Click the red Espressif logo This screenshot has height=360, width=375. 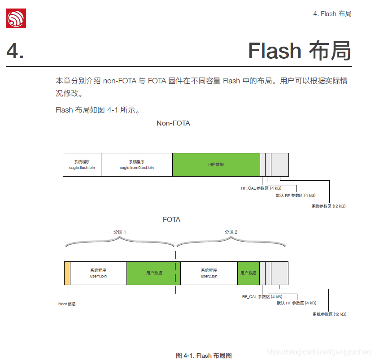(16, 19)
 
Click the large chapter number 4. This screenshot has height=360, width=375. (15, 51)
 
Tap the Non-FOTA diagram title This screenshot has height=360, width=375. (173, 123)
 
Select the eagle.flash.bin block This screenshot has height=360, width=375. (82, 165)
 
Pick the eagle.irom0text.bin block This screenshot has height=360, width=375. (136, 165)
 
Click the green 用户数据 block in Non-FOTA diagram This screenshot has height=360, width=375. (216, 165)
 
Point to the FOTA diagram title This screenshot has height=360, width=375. (171, 220)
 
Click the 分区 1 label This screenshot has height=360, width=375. (119, 232)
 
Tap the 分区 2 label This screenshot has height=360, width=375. (231, 232)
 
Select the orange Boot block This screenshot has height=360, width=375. (67, 273)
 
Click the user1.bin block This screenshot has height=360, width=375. (98, 273)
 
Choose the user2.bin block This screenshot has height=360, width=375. (209, 273)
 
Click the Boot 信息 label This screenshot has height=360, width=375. (67, 304)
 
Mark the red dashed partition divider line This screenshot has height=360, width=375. (175, 273)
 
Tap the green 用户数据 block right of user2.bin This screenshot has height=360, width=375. (248, 273)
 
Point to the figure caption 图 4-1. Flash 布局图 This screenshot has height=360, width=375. (204, 356)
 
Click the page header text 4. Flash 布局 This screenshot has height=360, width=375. (332, 14)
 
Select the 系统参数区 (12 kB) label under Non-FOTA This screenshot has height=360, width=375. (328, 206)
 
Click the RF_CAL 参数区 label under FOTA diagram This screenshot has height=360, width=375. (262, 297)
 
